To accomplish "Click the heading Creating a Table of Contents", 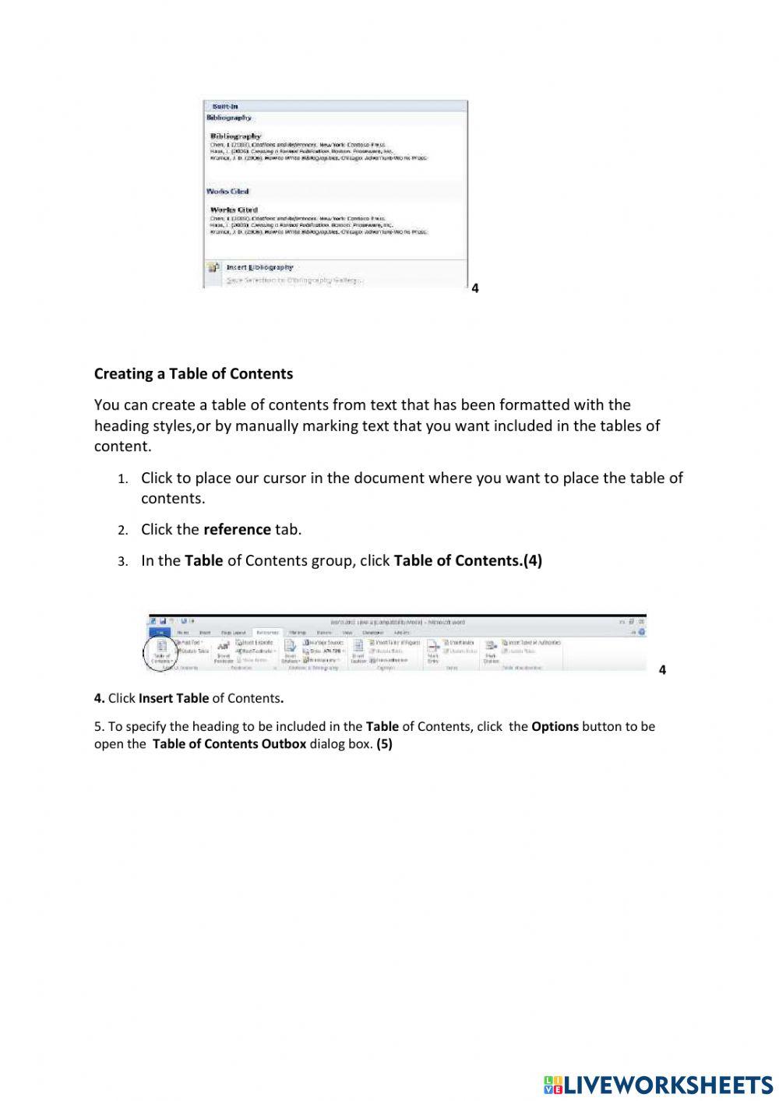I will [x=193, y=374].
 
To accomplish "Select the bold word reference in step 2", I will [x=237, y=530].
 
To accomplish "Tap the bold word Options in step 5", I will [x=555, y=726].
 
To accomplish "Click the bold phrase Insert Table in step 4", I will [x=174, y=698].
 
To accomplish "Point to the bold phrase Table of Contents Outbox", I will [x=229, y=744].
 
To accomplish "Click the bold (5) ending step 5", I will [x=384, y=744].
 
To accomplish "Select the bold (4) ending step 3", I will [x=532, y=561].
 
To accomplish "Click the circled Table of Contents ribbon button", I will [x=161, y=652].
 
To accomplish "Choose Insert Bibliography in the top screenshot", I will [x=259, y=267].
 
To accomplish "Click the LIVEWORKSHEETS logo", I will [x=658, y=1084].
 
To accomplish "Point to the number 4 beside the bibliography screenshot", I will [x=475, y=288].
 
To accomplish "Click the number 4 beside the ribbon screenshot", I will [x=662, y=670].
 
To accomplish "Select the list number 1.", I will [x=122, y=479].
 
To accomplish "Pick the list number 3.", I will [x=122, y=562].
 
